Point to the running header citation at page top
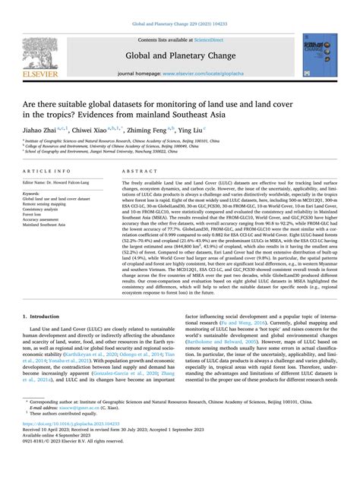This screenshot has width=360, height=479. pos(179,8)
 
